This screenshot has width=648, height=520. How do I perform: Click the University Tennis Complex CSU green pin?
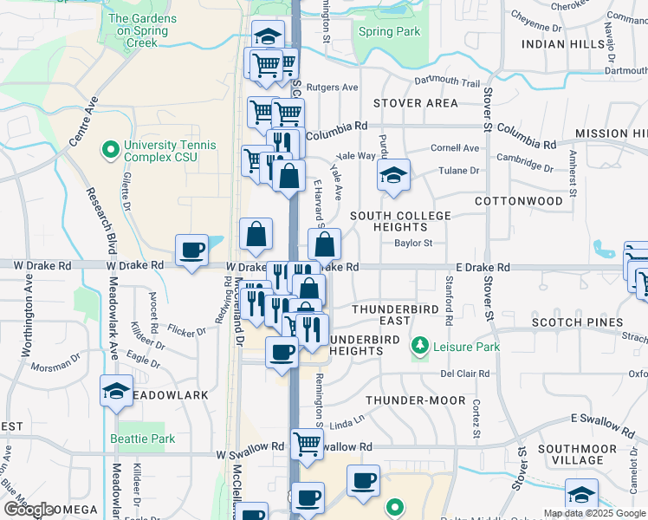coord(110,152)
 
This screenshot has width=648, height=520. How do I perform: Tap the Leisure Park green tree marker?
coord(420,347)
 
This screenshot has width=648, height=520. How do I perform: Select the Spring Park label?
coord(390,32)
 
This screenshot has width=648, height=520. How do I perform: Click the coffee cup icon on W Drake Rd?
coord(191,250)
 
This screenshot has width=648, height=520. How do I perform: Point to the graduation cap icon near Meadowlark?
coord(115,391)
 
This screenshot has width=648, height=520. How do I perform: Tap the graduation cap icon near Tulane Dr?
coord(393,176)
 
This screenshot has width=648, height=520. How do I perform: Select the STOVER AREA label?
coord(415,103)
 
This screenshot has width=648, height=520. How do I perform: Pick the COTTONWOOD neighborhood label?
coord(519,201)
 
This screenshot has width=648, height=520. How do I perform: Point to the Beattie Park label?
coord(143,439)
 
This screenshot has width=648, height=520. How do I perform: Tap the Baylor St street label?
coord(412,244)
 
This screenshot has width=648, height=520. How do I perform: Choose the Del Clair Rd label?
coord(465,374)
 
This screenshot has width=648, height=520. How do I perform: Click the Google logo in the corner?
coord(29,509)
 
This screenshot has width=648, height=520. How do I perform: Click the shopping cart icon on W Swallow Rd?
coord(308,444)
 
